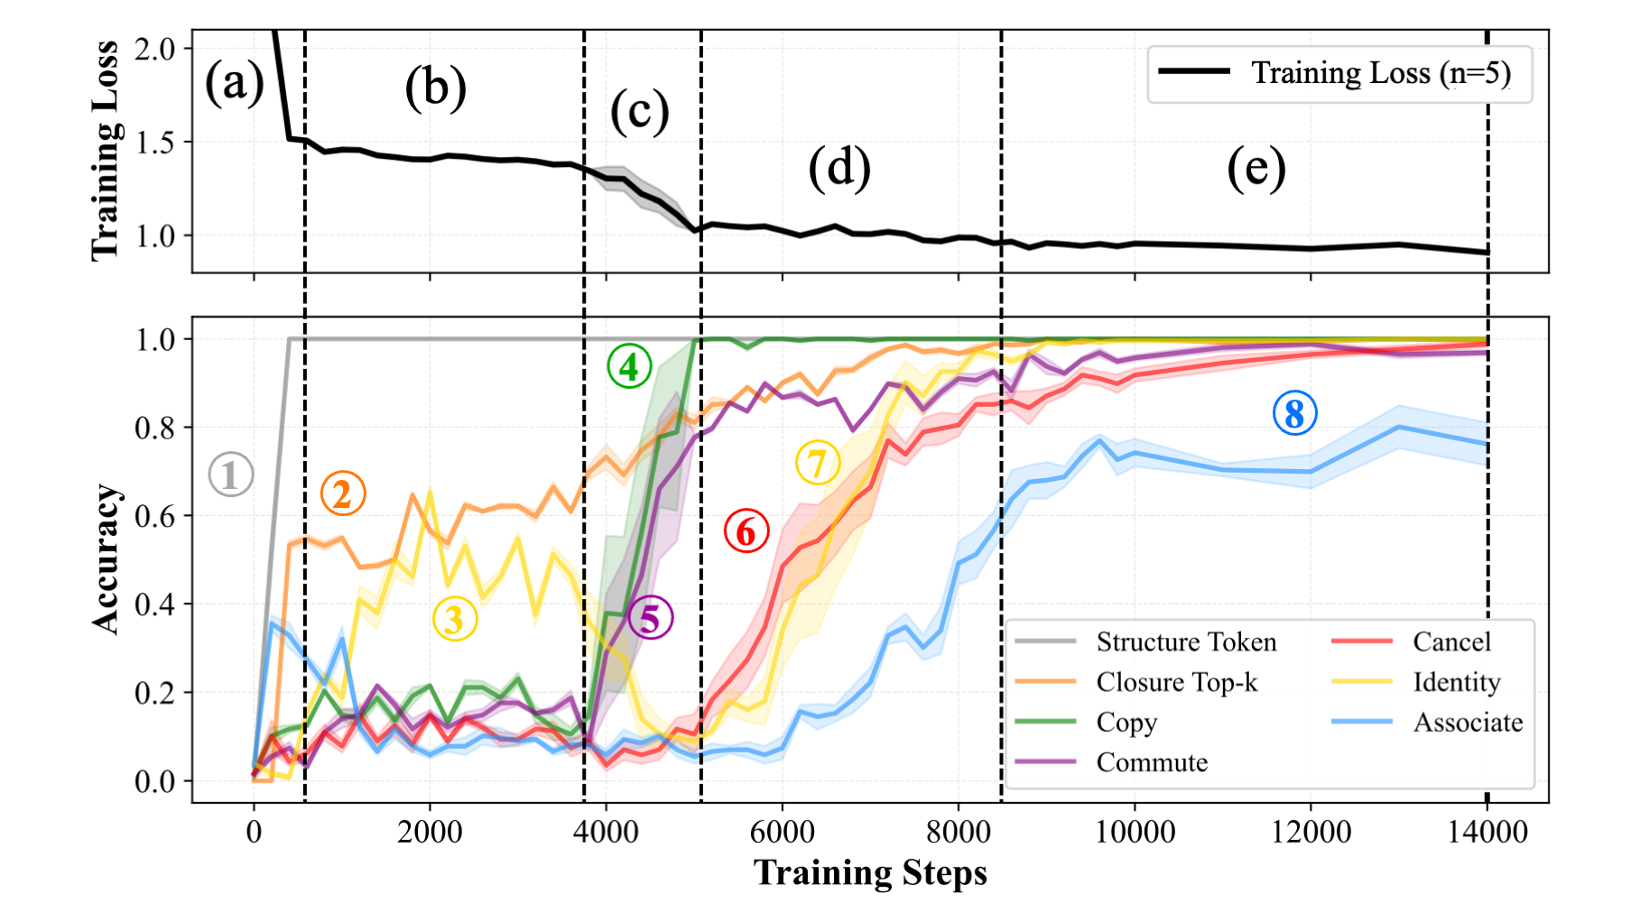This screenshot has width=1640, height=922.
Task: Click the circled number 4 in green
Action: (629, 366)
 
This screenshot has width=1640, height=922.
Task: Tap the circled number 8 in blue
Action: (1294, 414)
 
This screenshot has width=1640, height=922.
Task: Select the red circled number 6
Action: (746, 531)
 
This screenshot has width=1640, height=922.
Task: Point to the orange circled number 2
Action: (343, 494)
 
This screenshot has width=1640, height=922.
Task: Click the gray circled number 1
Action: (230, 475)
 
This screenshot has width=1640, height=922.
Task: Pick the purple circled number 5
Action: (651, 619)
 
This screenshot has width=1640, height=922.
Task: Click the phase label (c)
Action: (639, 112)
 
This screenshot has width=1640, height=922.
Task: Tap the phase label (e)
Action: (1255, 169)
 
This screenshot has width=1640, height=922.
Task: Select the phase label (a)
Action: (234, 84)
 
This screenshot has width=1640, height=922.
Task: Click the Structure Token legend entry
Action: (1186, 641)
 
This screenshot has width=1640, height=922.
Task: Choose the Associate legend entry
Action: (1468, 723)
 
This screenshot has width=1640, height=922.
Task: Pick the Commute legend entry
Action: (1152, 762)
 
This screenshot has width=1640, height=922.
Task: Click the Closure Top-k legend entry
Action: (1176, 682)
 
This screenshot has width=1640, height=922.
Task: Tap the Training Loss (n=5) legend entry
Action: (1380, 73)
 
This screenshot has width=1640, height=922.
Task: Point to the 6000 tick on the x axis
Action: (782, 831)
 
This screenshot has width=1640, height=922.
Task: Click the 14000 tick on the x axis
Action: (1487, 831)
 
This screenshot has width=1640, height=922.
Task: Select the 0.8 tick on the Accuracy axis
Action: (154, 428)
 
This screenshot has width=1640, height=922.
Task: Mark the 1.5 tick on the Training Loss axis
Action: (154, 143)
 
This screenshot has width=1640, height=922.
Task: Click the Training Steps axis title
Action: (870, 873)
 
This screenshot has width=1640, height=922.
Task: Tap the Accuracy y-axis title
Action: (107, 559)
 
